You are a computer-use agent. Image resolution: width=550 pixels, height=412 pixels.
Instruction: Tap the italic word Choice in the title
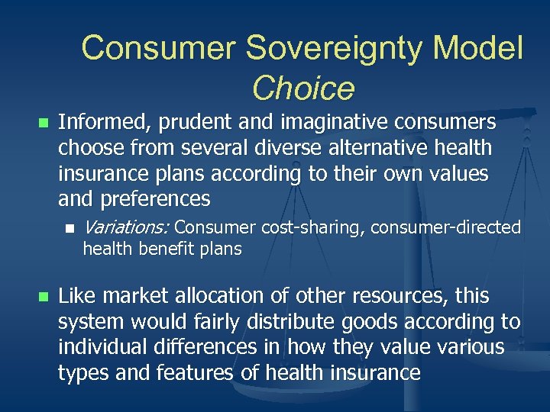tap(302, 89)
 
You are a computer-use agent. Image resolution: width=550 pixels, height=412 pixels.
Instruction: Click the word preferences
tap(154, 200)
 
